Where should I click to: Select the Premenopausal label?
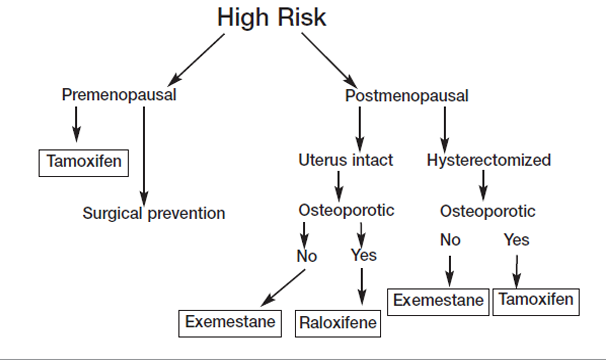coord(119,96)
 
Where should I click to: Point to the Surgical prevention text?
coord(154,213)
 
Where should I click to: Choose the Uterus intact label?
coord(345,160)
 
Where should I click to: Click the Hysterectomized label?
coord(489,160)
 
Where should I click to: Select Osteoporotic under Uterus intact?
coord(347,210)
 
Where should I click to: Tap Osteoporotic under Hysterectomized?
coord(488,211)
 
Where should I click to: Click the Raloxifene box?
coord(340,323)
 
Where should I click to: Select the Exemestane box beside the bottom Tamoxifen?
coord(438,299)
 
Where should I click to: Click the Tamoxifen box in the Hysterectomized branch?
coord(535,299)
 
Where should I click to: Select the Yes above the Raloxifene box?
coord(364,255)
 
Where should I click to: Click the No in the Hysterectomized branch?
coord(450,240)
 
